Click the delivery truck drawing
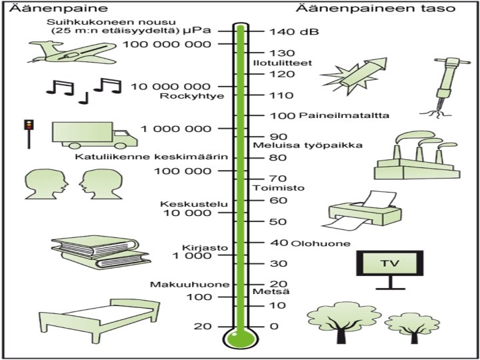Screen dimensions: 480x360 (93, 136)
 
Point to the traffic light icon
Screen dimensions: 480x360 (27, 131)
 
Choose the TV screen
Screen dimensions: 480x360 (388, 263)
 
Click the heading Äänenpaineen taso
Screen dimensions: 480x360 (376, 9)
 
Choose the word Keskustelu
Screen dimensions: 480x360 (186, 203)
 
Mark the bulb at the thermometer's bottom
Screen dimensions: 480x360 (239, 338)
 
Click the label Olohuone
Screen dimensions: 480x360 (321, 243)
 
